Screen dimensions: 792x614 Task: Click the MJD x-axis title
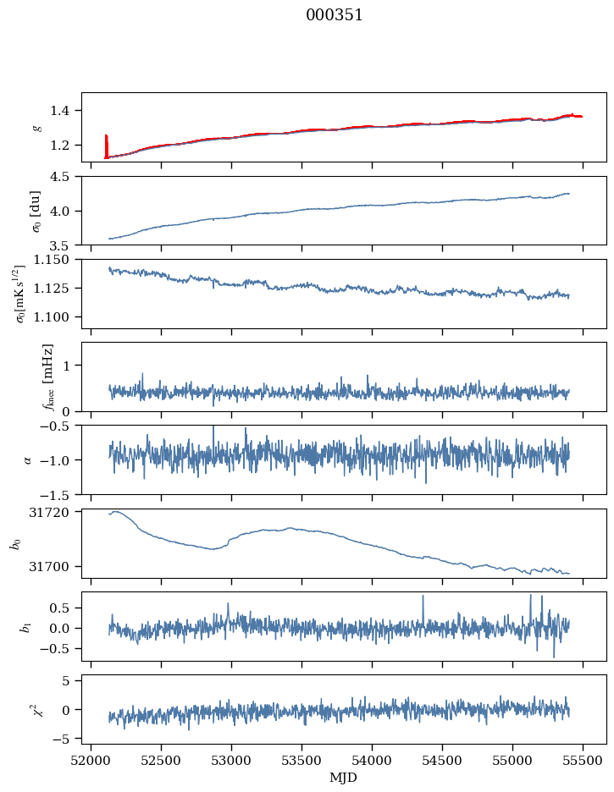(x=343, y=778)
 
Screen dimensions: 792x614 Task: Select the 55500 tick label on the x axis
(x=583, y=760)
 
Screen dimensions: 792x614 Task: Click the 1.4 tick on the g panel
(x=63, y=110)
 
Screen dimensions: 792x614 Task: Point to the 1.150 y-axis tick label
(x=54, y=260)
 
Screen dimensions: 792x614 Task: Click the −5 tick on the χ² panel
(x=63, y=739)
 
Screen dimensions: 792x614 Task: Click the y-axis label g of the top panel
(x=36, y=127)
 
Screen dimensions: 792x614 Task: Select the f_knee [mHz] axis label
(x=47, y=377)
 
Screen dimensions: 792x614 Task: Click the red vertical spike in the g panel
(x=106, y=144)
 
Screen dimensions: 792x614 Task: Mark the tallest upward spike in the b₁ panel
(x=530, y=595)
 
